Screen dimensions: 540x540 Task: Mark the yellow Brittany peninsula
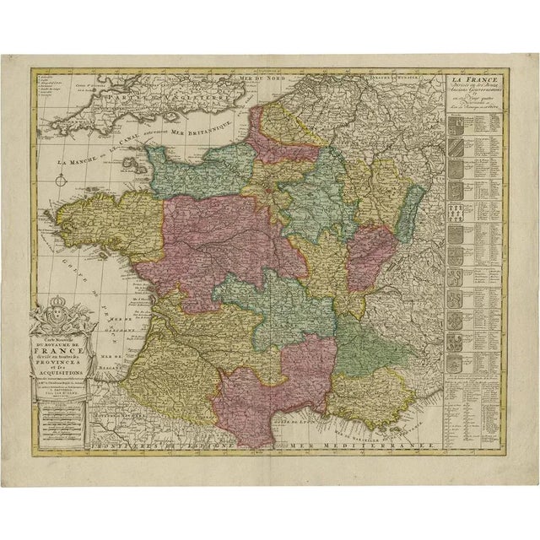[110, 228]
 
